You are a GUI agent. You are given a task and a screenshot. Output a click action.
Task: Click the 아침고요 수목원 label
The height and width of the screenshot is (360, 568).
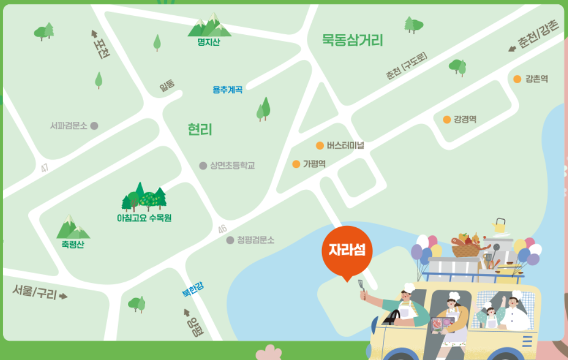pyautogui.click(x=144, y=218)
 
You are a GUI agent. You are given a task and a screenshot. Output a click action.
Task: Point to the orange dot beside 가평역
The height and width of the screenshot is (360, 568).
pyautogui.click(x=297, y=164)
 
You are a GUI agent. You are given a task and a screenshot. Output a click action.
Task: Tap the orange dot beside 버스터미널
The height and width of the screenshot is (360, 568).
pyautogui.click(x=320, y=145)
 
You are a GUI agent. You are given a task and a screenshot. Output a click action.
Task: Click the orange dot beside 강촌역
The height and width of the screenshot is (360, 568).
pyautogui.click(x=517, y=79)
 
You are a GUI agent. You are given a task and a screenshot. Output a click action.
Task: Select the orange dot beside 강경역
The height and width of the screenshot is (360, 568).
pyautogui.click(x=447, y=119)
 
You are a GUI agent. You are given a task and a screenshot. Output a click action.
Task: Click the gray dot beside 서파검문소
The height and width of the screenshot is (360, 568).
pyautogui.click(x=94, y=126)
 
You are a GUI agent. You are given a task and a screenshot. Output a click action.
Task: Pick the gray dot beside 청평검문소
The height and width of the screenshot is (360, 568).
pyautogui.click(x=230, y=240)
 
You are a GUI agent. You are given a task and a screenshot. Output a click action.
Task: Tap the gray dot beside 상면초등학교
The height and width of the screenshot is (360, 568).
pyautogui.click(x=203, y=165)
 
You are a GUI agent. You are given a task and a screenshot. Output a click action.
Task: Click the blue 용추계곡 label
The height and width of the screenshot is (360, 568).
pyautogui.click(x=227, y=90)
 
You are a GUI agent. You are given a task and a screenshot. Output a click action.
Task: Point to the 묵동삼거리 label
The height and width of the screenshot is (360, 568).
pyautogui.click(x=353, y=40)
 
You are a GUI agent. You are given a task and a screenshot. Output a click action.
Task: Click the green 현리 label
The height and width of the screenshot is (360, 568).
pyautogui.click(x=200, y=129)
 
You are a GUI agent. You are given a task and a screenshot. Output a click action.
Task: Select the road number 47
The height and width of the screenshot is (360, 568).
pyautogui.click(x=45, y=169)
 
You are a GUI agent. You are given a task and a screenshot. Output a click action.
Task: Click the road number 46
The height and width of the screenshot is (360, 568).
pyautogui.click(x=222, y=230)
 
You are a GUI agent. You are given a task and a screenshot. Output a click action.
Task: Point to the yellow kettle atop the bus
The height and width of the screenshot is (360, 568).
pyautogui.click(x=499, y=226)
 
